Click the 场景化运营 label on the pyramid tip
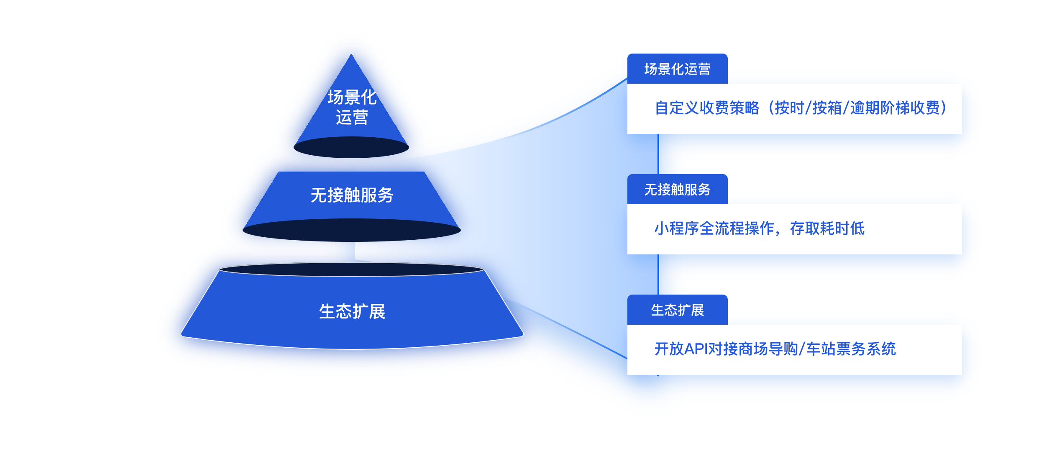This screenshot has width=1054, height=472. pos(352,107)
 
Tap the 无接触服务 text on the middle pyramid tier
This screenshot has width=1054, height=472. pos(352,195)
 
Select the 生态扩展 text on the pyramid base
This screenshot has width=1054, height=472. pos(352,312)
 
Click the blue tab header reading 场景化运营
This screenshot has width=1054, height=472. pos(677,69)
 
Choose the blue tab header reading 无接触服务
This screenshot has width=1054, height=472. pos(677,190)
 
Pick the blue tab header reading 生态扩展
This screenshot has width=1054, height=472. pos(677,310)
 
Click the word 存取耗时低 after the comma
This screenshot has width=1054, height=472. pos(827,228)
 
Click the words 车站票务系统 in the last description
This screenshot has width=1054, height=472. pos(851,349)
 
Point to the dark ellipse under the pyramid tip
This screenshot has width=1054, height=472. pos(351,148)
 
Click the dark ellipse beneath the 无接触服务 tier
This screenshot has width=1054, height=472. pos(352,231)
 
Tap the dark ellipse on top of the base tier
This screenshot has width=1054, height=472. pos(351,269)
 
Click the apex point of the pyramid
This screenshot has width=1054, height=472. pos(351,56)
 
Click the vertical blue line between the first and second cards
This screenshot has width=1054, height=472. pos(658,154)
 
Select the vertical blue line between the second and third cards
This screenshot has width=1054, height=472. pos(658,274)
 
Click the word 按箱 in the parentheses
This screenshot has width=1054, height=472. pos(827,108)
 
